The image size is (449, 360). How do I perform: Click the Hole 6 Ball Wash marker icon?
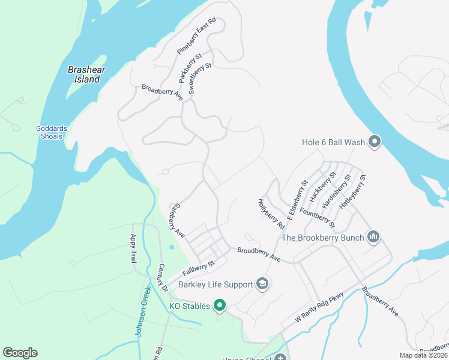(x=375, y=142)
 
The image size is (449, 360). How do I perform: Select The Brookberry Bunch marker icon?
(x=373, y=238)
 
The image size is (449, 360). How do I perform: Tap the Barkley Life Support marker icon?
(x=262, y=283)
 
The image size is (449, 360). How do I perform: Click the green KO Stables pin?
(x=220, y=306)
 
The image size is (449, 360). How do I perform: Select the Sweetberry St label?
(x=200, y=79)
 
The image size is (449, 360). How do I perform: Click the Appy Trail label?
(x=134, y=248)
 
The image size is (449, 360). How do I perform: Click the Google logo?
(x=20, y=353)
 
